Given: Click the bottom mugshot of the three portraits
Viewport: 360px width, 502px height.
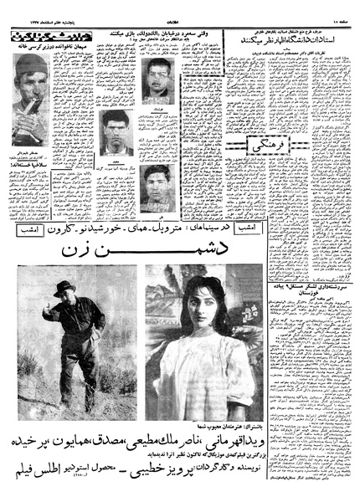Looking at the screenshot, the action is coord(157,187).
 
